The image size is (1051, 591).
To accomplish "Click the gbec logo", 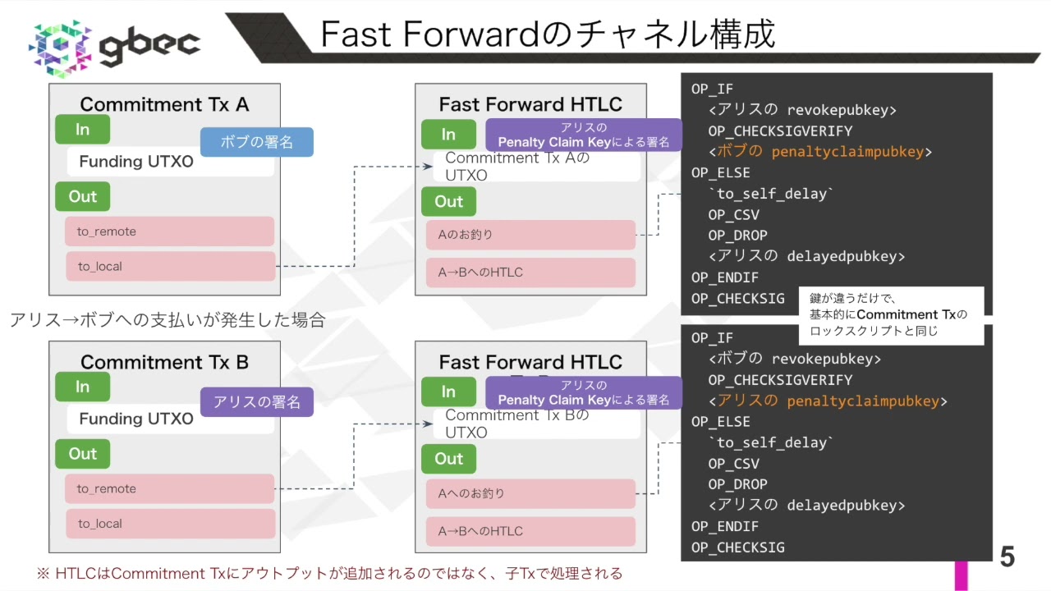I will click(115, 46).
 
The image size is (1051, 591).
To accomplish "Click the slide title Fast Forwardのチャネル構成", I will click(547, 34).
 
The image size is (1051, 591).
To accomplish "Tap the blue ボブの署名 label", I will click(257, 142).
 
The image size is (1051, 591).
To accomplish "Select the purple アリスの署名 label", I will click(257, 402).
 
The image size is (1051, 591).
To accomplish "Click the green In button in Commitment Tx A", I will click(82, 130).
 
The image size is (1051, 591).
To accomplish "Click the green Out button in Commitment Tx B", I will click(82, 454).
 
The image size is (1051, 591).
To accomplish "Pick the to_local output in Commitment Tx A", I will click(170, 266).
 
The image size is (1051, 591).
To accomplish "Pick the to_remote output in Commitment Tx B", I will click(170, 488).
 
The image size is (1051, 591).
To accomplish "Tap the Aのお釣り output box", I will click(530, 235).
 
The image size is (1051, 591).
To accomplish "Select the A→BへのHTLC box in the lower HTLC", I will click(530, 531).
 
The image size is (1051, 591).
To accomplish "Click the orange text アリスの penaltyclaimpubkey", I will click(828, 401).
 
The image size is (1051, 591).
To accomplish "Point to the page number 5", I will click(1007, 557).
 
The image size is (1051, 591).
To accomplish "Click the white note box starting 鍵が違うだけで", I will click(891, 315).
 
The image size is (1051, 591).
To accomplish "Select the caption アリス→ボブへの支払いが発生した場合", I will click(168, 320).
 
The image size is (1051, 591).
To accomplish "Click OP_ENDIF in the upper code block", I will click(725, 277).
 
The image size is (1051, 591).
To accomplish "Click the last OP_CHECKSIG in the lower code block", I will click(737, 547).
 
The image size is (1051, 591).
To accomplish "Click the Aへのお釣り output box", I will click(530, 493).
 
